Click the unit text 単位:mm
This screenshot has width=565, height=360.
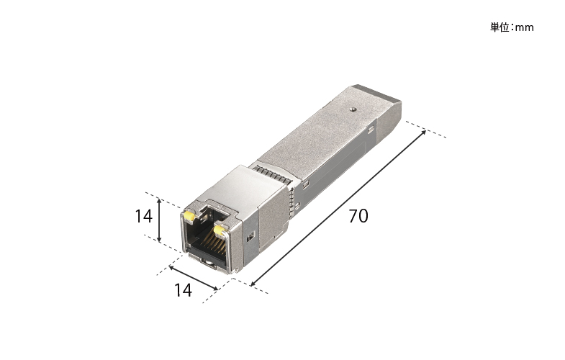coord(512,27)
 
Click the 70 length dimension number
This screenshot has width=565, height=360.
coord(358,216)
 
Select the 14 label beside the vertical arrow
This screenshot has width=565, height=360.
coord(143,216)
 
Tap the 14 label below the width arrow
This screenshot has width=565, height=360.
coord(183,290)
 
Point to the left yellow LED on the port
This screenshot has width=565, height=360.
coord(189,216)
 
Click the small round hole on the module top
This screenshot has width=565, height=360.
coord(353,109)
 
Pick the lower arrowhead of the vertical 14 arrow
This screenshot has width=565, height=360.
coord(159,240)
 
